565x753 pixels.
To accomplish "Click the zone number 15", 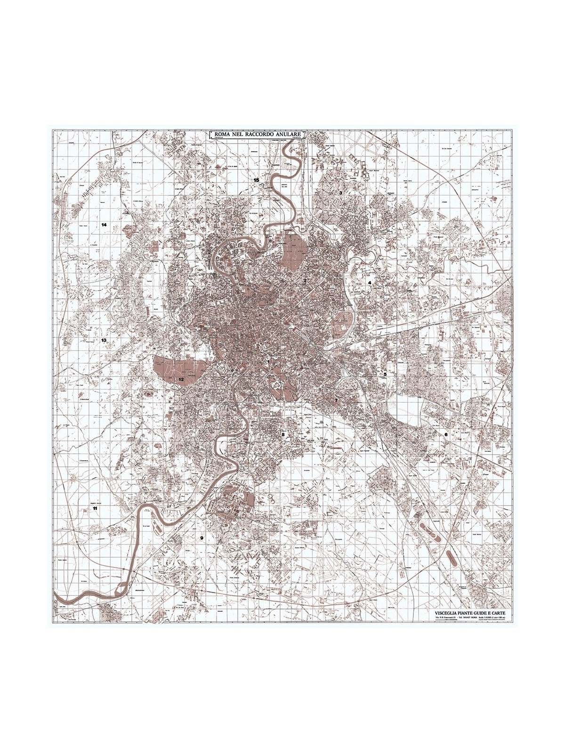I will tap(256, 180).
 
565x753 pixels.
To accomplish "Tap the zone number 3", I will tap(340, 193).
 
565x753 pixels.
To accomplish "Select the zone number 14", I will tap(104, 225).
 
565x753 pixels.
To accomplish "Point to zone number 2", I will tap(305, 281).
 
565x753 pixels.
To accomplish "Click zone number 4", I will tap(370, 283).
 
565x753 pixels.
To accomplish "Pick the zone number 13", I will tap(104, 340).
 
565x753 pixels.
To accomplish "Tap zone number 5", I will tap(385, 374).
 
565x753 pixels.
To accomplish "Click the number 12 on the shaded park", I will tap(180, 379).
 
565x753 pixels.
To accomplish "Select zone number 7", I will tap(336, 401).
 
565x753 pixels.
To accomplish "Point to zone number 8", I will tap(283, 435).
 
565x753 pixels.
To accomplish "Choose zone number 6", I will tap(446, 434).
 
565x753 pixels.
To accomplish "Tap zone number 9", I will tap(202, 538).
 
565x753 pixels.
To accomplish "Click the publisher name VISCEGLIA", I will tap(449, 613).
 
